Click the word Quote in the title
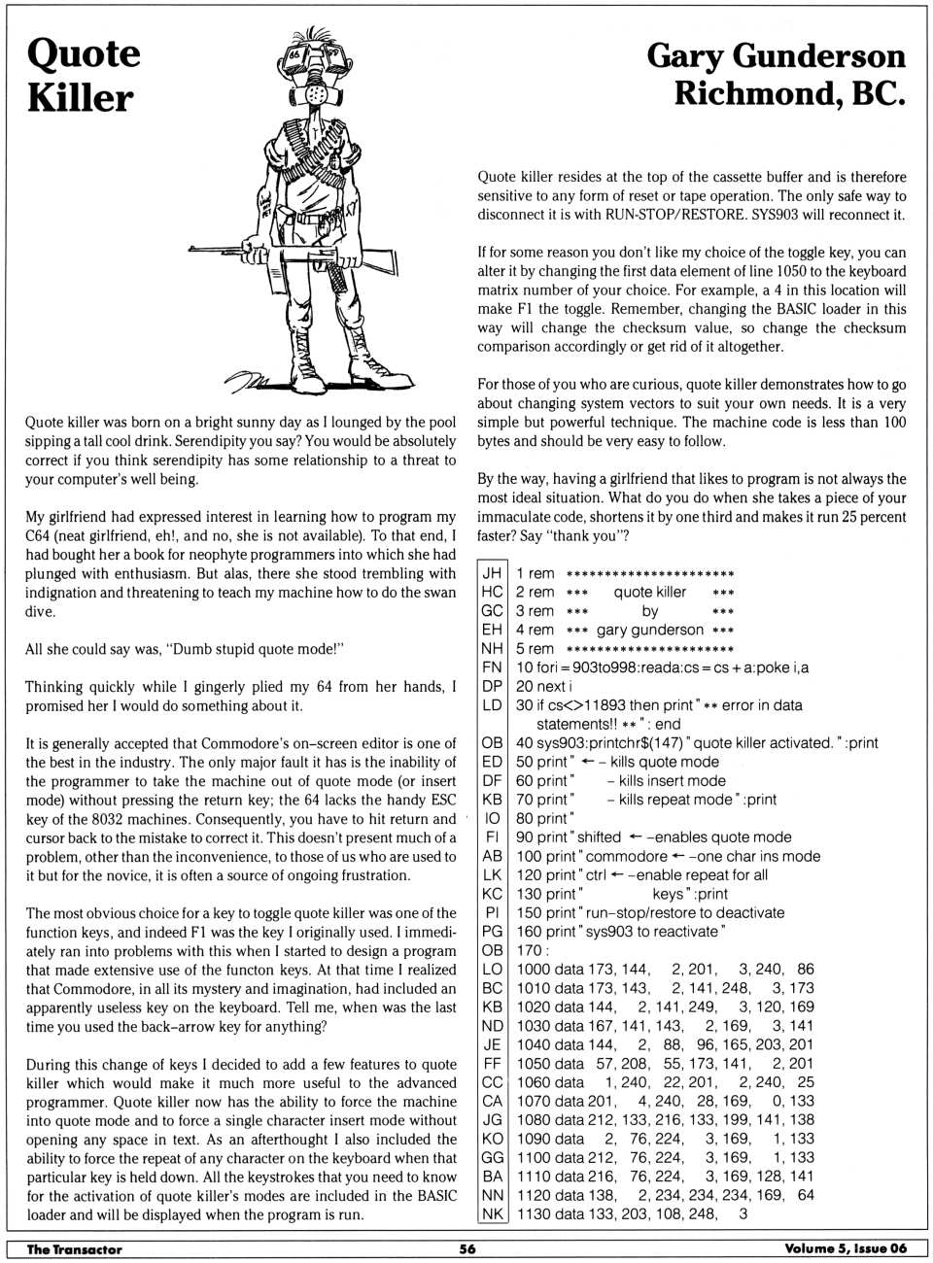pos(84,54)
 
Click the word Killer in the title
pos(80,98)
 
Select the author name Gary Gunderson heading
pos(776,55)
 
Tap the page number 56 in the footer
pos(467,1249)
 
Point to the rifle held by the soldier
pos(292,255)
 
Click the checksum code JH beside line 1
pos(492,573)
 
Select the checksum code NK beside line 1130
pos(492,1213)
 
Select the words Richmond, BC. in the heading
pos(789,94)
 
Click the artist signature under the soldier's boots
pos(249,380)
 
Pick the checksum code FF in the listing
pos(492,1063)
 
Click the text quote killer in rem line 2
pos(649,592)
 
